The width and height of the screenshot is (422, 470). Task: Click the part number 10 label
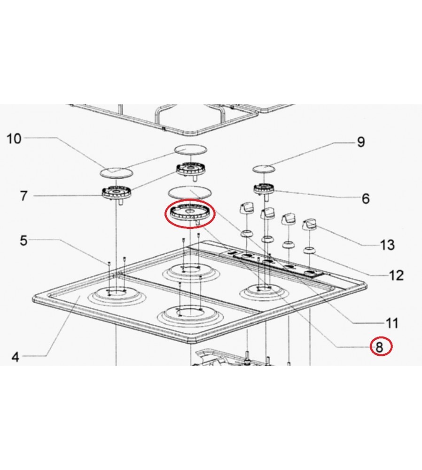[14, 139]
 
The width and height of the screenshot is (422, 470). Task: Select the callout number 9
[361, 142]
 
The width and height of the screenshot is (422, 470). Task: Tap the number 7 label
[24, 196]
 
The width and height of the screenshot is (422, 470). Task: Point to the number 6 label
[366, 198]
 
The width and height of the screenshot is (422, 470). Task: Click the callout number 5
[24, 240]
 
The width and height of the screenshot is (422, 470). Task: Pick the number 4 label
[16, 357]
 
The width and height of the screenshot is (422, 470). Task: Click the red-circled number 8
[379, 347]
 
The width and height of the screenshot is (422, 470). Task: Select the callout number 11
[391, 323]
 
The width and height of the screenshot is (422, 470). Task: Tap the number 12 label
[396, 275]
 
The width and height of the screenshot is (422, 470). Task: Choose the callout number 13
[388, 245]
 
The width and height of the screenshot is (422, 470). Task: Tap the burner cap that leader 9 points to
[264, 169]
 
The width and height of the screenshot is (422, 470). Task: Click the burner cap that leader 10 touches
[116, 172]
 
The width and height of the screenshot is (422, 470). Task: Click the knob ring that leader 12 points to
[309, 250]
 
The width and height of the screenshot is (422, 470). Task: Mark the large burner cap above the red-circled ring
[190, 192]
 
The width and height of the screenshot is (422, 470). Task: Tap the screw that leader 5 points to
[109, 263]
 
